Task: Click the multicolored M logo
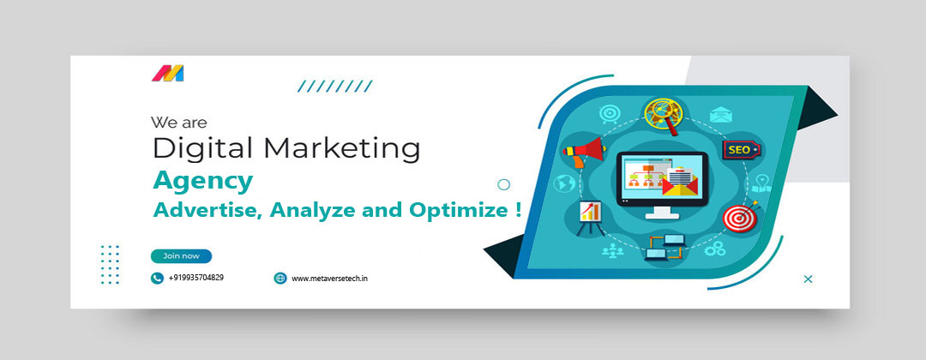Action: (168, 73)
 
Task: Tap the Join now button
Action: (181, 256)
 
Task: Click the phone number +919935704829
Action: (196, 278)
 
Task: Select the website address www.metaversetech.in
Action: (329, 278)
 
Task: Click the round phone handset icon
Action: (157, 278)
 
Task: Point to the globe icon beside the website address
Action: (280, 278)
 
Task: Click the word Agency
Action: (203, 181)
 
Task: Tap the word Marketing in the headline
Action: (342, 148)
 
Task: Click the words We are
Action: (179, 123)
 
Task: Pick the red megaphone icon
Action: (585, 151)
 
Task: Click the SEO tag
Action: (741, 150)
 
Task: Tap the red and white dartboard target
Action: (738, 217)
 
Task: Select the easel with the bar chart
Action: (589, 217)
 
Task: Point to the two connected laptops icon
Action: (664, 248)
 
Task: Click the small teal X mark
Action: (809, 279)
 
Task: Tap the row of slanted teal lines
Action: (335, 87)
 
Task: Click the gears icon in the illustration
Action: (714, 249)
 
